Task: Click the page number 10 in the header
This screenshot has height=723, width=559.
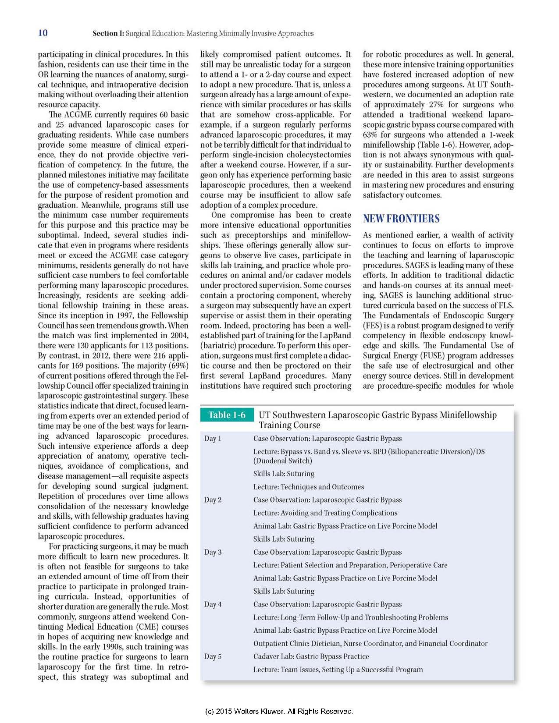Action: click(x=43, y=33)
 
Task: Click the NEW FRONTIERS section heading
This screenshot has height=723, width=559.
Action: click(x=401, y=219)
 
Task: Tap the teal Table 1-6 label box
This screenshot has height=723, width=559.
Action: click(x=227, y=415)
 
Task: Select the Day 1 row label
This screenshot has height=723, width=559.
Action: click(x=213, y=439)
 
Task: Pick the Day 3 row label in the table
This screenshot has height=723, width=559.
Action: click(x=213, y=552)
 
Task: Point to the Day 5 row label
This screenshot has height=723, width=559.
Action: click(x=213, y=656)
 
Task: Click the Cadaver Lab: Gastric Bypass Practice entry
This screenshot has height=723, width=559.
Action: click(x=311, y=656)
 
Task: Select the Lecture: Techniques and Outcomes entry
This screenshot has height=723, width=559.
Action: click(x=309, y=487)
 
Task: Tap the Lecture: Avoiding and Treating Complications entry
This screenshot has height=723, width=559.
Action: click(x=325, y=513)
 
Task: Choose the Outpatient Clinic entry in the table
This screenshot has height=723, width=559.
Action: click(x=370, y=643)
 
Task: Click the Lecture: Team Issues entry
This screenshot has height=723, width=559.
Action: click(x=338, y=670)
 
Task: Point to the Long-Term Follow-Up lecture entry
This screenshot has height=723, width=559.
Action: click(x=351, y=617)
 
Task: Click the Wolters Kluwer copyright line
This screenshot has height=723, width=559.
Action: click(x=279, y=711)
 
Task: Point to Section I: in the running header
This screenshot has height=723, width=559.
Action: click(x=108, y=33)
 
